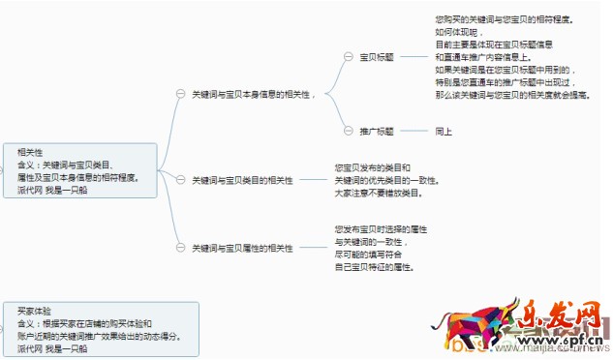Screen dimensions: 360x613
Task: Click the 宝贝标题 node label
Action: coord(376,57)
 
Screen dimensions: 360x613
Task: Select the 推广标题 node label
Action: coord(376,130)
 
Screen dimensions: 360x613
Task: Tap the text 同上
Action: coord(444,130)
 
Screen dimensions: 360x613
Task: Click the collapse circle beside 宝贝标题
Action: coord(350,57)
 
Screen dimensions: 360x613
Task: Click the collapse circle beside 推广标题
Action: coord(350,130)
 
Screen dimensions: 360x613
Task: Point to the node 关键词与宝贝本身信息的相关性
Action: coord(255,93)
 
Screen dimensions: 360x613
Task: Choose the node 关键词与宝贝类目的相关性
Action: coord(242,180)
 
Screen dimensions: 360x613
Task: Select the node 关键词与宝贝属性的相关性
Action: coord(242,249)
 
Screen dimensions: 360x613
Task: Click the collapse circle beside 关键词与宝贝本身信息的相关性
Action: coord(180,93)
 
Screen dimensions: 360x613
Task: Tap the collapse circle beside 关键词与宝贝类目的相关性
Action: coord(180,180)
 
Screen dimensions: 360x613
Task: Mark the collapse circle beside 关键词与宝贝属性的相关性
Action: coord(180,249)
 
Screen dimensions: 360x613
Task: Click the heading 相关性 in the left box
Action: coord(30,152)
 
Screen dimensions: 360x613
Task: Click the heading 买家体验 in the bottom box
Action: coord(34,311)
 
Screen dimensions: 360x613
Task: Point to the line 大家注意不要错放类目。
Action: coord(379,193)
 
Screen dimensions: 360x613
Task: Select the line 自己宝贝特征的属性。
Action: coord(375,267)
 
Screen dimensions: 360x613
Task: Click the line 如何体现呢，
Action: coord(452,32)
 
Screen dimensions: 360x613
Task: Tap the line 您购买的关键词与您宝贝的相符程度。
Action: coord(503,19)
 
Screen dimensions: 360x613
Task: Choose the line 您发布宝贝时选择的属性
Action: coord(382,228)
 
